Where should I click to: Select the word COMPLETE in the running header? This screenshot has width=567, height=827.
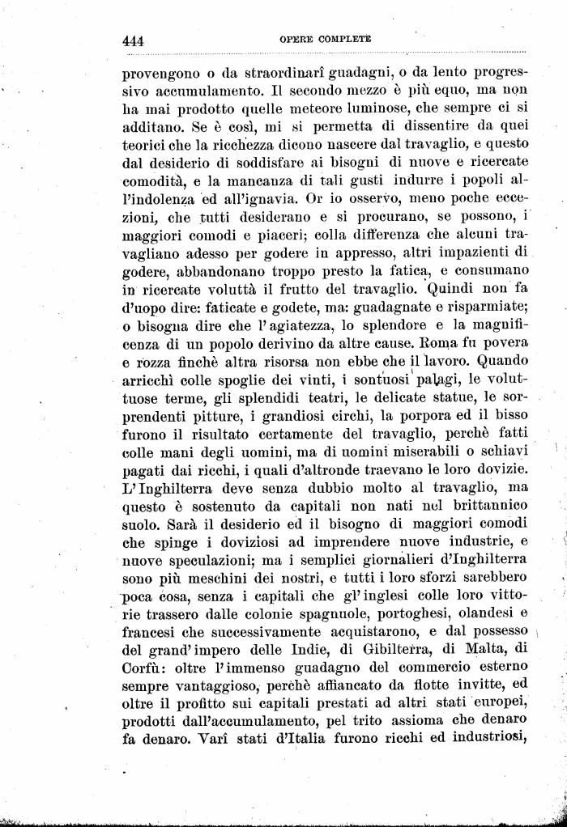pyautogui.click(x=346, y=38)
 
